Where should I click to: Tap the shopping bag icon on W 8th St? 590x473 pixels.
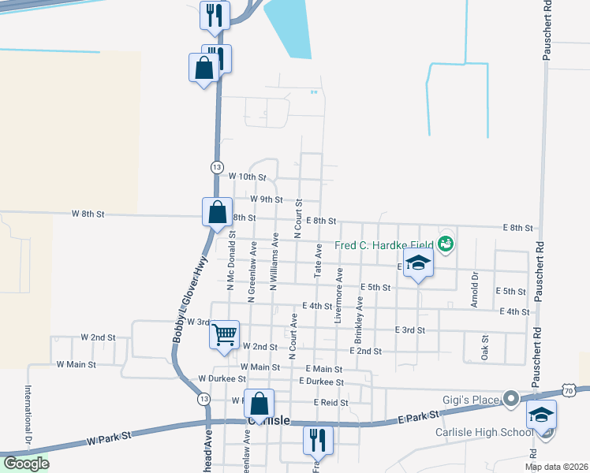[217, 212]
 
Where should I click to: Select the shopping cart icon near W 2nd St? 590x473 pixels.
[224, 334]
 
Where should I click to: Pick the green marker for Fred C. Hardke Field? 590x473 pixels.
[447, 244]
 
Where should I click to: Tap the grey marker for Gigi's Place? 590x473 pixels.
[510, 398]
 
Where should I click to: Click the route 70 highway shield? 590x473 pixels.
[570, 389]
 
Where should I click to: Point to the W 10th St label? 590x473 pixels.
[248, 177]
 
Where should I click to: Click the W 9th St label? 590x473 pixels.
[266, 199]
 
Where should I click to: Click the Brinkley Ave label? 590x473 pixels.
[359, 313]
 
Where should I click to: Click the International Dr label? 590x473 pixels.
[28, 414]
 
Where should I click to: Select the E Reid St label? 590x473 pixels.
[330, 402]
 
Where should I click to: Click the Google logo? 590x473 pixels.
[26, 464]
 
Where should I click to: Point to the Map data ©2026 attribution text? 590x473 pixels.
[556, 467]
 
